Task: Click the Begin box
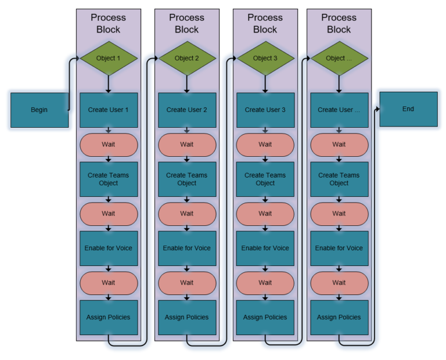click(39, 110)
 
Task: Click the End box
click(408, 109)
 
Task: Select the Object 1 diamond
click(109, 58)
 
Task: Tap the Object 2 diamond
click(187, 58)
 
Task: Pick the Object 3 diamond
click(265, 58)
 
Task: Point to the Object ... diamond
click(339, 58)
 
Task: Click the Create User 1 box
click(109, 110)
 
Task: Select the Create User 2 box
click(187, 110)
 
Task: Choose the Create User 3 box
click(265, 110)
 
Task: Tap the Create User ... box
click(339, 110)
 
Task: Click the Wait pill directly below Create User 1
click(109, 145)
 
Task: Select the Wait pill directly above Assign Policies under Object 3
click(265, 283)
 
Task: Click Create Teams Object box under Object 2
click(187, 179)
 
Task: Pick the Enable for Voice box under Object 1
click(109, 248)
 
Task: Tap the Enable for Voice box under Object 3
click(265, 248)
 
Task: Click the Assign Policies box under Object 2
click(187, 317)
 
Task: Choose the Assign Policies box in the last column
click(339, 317)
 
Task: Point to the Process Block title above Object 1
click(109, 23)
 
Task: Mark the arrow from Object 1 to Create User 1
click(109, 84)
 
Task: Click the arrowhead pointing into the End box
click(377, 109)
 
